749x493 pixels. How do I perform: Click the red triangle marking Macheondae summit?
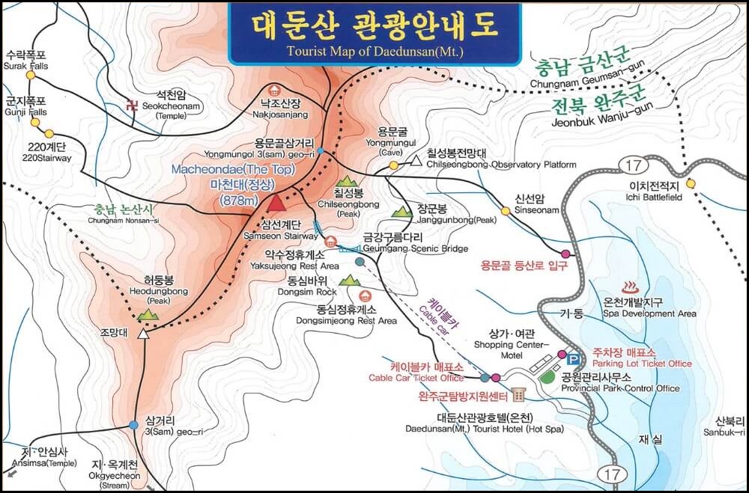pos(277,202)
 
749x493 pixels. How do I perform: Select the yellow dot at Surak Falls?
pos(31,76)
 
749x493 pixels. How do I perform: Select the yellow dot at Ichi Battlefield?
pos(690,183)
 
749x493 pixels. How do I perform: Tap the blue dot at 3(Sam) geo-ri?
pos(133,425)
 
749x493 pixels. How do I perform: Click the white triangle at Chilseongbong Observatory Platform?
pos(416,160)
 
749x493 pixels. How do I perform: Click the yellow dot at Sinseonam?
pos(506,211)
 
